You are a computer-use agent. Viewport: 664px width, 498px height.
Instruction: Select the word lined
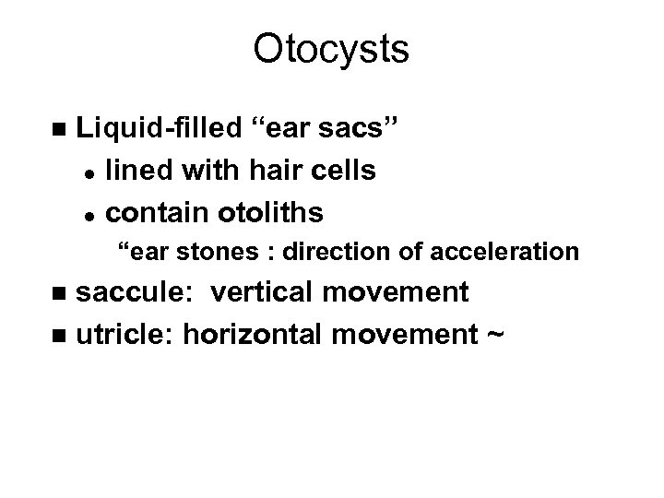pos(136,172)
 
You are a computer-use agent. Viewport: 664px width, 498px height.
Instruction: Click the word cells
pos(341,172)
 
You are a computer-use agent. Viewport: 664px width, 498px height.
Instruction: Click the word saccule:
pos(138,292)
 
